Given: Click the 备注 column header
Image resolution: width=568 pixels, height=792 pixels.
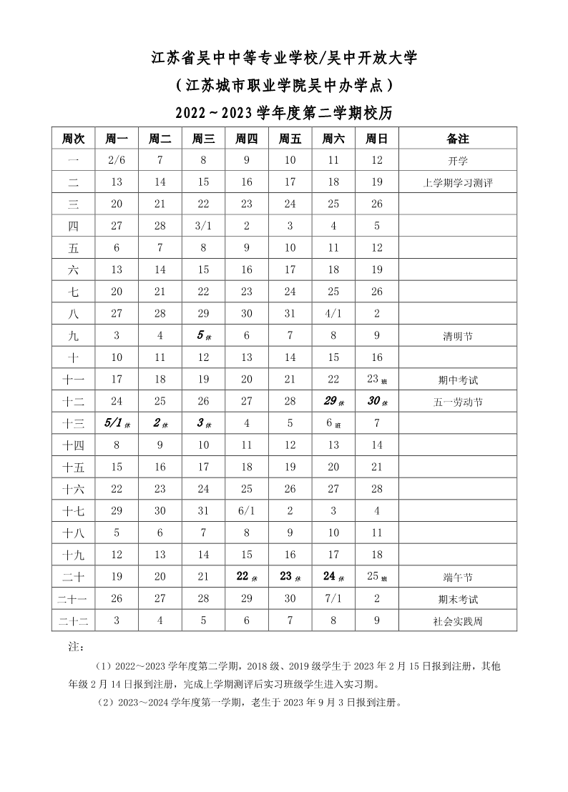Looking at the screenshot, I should (457, 139).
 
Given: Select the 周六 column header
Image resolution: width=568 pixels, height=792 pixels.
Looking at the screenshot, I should (333, 139).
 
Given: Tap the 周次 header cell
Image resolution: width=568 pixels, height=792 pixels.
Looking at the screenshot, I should (74, 139).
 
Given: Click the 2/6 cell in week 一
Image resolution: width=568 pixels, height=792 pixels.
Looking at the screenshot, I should (117, 161).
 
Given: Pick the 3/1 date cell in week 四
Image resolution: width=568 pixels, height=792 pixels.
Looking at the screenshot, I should (203, 226).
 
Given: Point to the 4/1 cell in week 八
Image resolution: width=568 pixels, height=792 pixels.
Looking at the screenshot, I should (333, 313).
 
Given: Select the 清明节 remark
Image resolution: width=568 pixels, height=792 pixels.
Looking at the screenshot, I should (457, 336).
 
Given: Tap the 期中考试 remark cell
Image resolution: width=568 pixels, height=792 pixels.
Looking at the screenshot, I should (457, 380).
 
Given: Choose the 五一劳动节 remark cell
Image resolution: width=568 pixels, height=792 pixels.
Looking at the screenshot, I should (457, 402).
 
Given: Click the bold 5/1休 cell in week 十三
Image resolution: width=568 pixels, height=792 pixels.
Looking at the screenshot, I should (117, 423).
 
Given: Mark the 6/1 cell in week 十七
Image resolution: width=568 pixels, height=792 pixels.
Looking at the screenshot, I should (247, 511).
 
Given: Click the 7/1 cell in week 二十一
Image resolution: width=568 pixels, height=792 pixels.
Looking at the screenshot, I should (333, 599).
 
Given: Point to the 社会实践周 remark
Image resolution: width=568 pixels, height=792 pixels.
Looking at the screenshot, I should (457, 621).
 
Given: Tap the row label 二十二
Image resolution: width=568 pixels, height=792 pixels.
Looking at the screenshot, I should (74, 621).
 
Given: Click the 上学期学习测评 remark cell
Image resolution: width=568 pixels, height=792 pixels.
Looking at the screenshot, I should (457, 183).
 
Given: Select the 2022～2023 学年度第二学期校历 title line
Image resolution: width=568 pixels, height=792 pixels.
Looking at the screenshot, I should (284, 112).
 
